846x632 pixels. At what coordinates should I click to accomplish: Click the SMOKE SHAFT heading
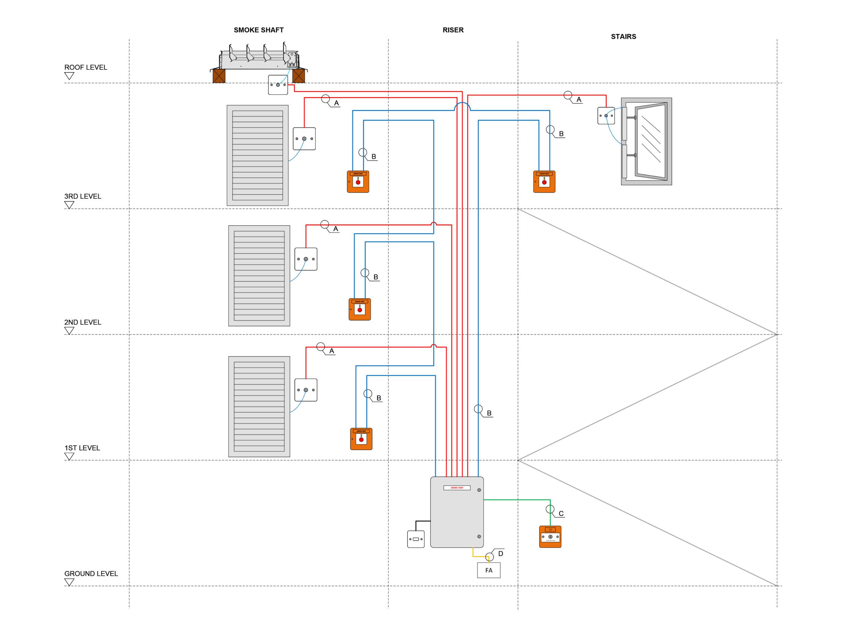tap(258, 30)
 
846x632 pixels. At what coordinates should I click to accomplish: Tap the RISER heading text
tap(453, 30)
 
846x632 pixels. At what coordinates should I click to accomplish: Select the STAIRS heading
tap(623, 36)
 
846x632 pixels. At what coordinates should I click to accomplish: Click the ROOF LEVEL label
tap(86, 67)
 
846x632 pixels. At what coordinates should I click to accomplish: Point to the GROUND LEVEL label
tap(91, 573)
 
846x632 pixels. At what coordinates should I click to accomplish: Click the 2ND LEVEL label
tap(83, 322)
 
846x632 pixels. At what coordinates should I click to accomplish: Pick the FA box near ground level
tap(488, 570)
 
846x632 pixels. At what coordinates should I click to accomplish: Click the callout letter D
tap(500, 554)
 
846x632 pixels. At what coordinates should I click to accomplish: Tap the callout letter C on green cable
tap(561, 513)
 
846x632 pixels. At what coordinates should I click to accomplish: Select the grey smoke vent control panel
tap(456, 512)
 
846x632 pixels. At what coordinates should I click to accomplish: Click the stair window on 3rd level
tap(646, 142)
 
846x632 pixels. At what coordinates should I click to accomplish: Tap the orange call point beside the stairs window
tap(544, 181)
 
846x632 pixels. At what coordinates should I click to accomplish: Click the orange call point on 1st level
tap(361, 439)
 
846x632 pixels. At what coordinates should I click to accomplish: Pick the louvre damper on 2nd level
tap(259, 275)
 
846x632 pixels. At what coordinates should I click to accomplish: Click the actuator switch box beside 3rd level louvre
tap(304, 139)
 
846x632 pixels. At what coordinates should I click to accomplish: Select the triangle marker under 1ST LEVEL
tap(69, 456)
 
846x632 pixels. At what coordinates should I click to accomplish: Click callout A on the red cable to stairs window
tap(578, 100)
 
